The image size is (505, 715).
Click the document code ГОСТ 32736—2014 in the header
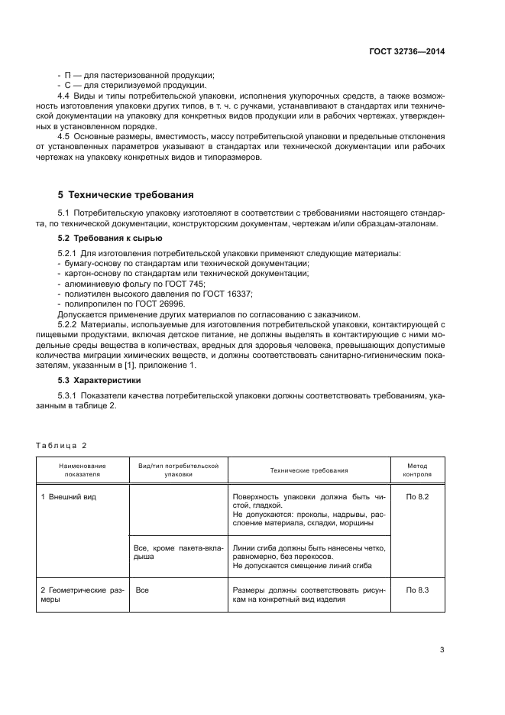coord(406,51)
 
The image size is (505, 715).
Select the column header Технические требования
coord(309,470)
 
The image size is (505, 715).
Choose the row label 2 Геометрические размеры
coord(81,594)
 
